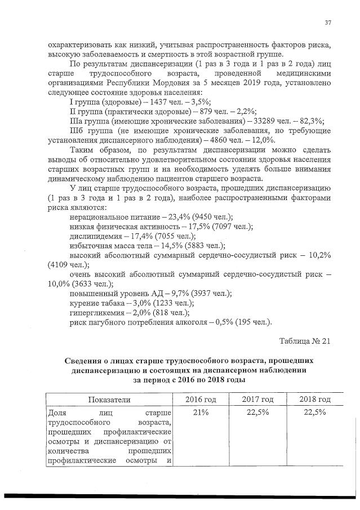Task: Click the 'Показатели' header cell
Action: click(x=109, y=399)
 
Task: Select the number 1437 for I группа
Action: click(x=157, y=101)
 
